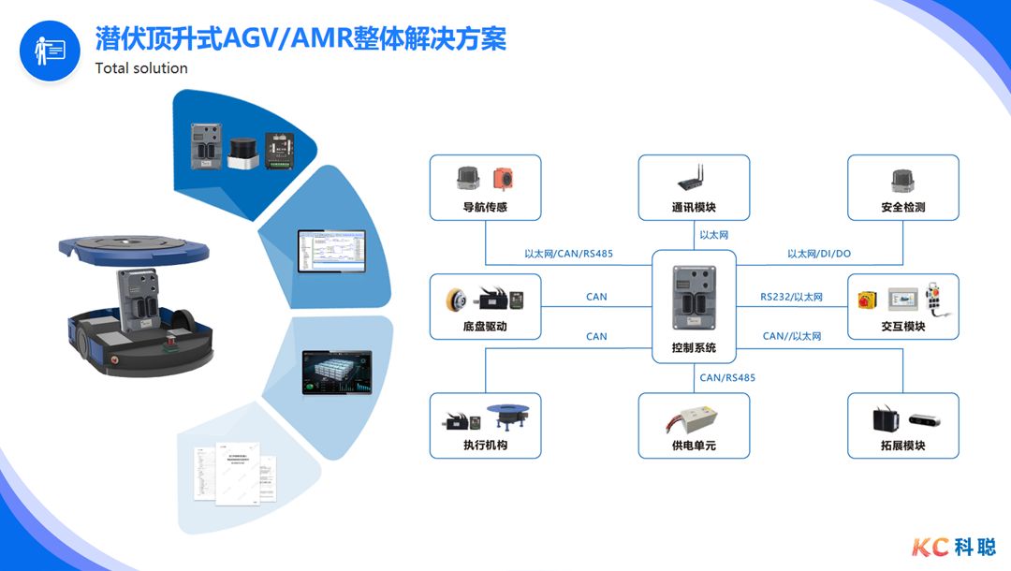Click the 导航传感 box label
point(485,208)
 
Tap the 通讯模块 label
point(694,208)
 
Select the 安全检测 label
point(903,208)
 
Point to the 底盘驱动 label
point(485,327)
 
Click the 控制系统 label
point(694,348)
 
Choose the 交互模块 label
point(903,327)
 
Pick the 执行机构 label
point(485,446)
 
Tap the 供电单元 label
point(694,446)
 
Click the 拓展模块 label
point(903,446)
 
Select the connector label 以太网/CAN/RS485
point(567,254)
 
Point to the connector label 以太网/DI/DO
point(819,254)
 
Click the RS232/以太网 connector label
point(791,297)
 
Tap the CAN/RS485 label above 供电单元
point(727,378)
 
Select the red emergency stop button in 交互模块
point(866,299)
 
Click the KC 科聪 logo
point(954,546)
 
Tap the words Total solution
point(141,68)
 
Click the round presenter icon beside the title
point(50,51)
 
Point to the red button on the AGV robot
point(115,358)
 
